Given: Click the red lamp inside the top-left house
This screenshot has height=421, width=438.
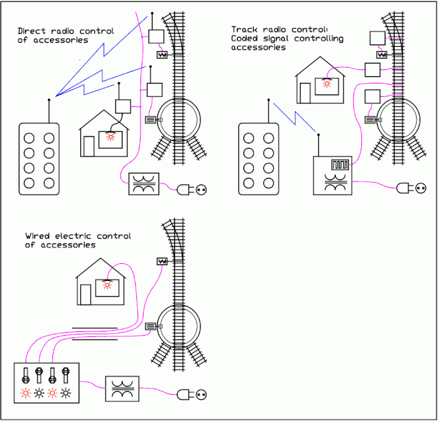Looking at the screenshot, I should point(111,138).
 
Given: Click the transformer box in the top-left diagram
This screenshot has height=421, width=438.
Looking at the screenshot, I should point(144,184).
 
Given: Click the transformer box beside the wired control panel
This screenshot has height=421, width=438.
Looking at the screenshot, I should point(123,388).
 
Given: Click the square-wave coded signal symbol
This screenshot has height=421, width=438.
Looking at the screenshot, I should point(338,165).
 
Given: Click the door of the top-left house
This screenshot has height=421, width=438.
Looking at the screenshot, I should point(89,146).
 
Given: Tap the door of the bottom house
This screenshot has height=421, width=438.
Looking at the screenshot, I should point(85,294).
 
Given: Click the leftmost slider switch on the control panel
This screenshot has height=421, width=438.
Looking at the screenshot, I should point(26,375).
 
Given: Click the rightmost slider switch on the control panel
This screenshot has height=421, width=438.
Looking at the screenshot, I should point(65,375).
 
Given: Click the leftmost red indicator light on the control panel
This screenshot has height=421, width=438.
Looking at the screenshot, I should point(26,393).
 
